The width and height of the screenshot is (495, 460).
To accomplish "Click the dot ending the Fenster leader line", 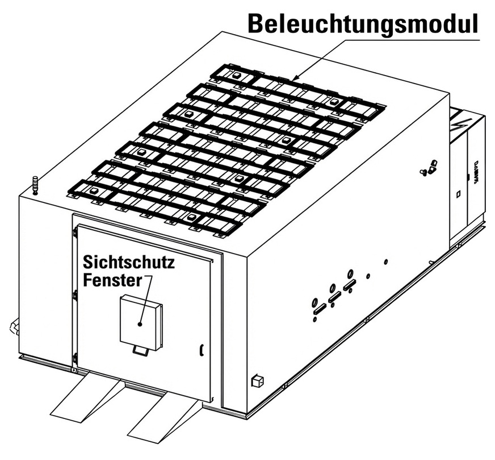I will pos(140,324).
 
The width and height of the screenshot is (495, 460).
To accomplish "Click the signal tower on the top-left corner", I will pos(35,186).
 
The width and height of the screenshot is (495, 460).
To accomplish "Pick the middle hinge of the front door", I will pos(74,295).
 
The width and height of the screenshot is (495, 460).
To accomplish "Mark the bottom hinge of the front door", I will pos(74,359).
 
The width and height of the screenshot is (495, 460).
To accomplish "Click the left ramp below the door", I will pos(85,395).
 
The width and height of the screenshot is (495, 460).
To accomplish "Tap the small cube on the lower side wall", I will pos(257,379).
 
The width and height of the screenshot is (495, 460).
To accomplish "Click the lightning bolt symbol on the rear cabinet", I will pos(457,124).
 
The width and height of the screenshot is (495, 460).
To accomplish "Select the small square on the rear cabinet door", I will pos(458,195).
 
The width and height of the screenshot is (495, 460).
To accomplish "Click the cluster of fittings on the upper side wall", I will pos(429,168).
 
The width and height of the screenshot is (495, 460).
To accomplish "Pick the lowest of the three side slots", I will pos(319,309).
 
